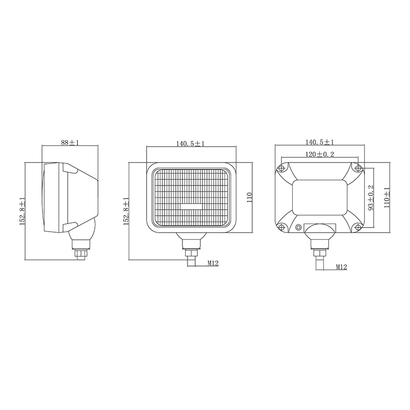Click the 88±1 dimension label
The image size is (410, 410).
click(70, 143)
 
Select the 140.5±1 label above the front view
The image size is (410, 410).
click(190, 143)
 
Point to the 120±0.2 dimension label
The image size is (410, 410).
click(320, 154)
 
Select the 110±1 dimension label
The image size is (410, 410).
click(387, 197)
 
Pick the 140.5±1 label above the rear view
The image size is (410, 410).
click(320, 142)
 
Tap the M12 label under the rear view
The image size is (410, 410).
click(342, 267)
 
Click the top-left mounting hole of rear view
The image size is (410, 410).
click(281, 169)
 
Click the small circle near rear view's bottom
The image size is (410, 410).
click(297, 228)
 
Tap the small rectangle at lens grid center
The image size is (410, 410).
click(191, 207)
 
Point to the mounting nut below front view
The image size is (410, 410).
click(191, 252)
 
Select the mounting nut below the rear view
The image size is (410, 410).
click(319, 253)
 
